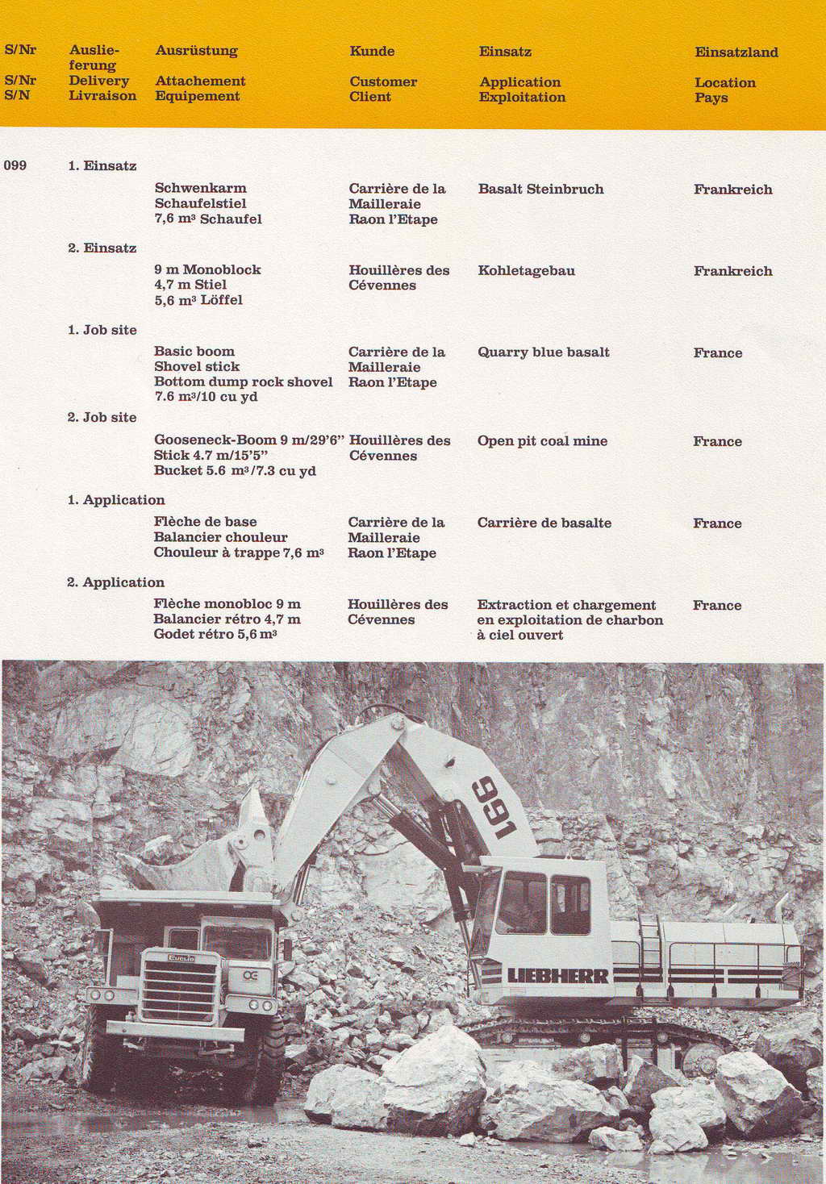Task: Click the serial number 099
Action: click(x=15, y=165)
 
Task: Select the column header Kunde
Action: click(x=372, y=51)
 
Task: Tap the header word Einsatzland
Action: click(x=736, y=52)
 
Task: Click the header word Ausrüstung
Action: click(x=196, y=50)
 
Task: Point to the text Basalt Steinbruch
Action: click(x=540, y=189)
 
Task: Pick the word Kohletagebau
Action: click(x=526, y=270)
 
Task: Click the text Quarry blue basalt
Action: click(x=543, y=352)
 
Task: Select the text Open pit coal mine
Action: click(x=542, y=440)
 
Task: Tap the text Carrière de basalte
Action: click(x=544, y=523)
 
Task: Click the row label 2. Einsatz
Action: click(x=102, y=248)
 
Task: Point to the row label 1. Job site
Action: click(x=102, y=329)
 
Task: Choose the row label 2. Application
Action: click(x=115, y=582)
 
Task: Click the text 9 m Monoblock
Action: click(x=207, y=269)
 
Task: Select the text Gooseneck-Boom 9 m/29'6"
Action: click(x=248, y=440)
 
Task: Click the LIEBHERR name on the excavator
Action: click(x=557, y=976)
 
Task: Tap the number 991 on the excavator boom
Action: click(x=493, y=807)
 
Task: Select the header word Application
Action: click(x=519, y=81)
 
